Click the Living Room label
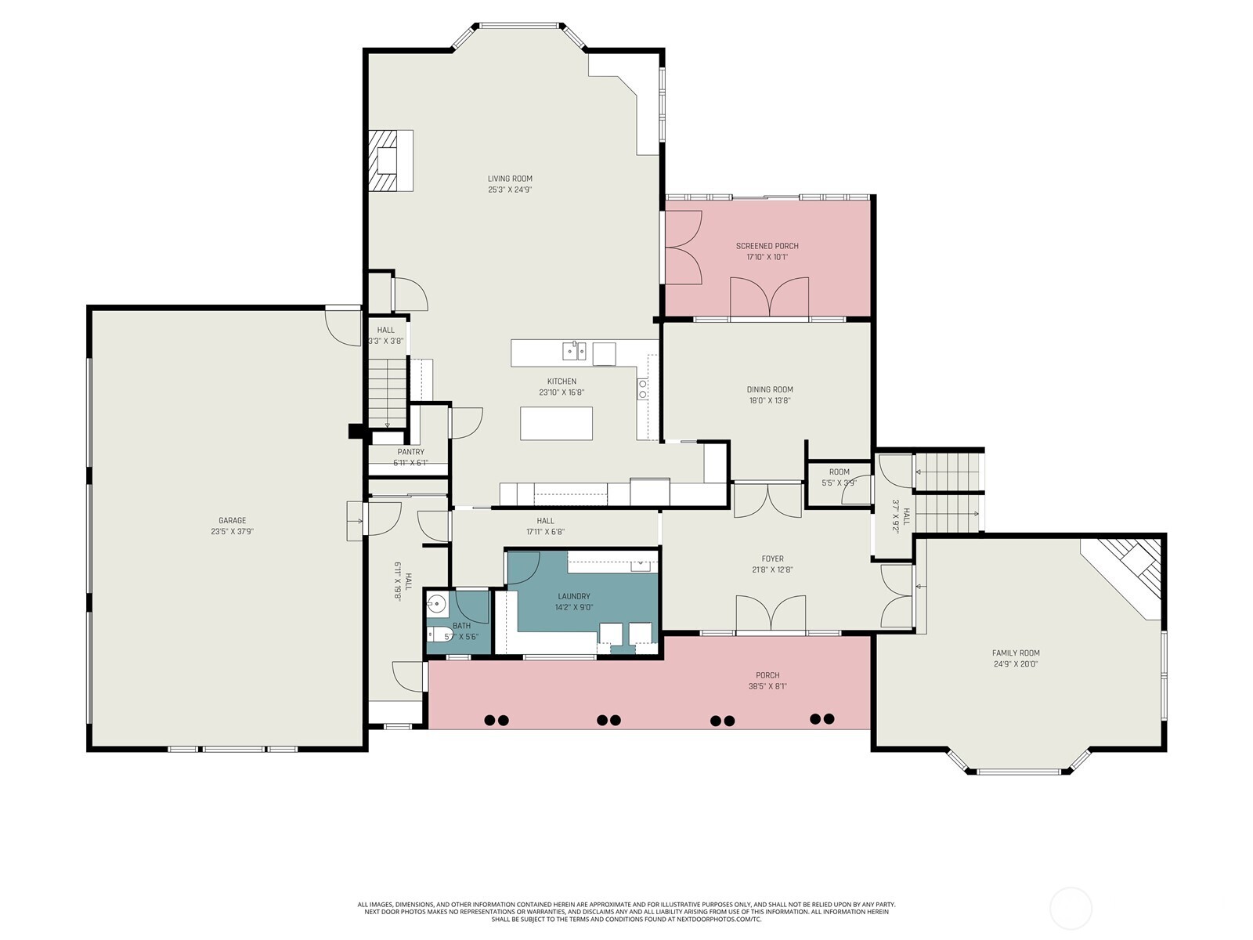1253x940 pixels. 510,179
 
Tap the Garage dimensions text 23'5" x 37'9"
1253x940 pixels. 232,531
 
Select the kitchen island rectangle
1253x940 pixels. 556,423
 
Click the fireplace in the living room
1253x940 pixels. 389,161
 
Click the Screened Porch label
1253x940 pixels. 767,246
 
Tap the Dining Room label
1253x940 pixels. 770,389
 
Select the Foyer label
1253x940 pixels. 772,559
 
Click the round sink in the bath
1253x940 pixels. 437,604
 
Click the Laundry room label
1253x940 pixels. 574,596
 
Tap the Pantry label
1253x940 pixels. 410,452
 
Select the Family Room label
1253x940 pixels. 1016,653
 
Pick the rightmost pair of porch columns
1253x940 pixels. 822,718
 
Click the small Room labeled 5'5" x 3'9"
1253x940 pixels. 839,472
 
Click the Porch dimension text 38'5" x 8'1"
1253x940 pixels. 767,686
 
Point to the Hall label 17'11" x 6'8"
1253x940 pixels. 545,521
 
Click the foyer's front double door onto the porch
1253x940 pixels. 771,613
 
